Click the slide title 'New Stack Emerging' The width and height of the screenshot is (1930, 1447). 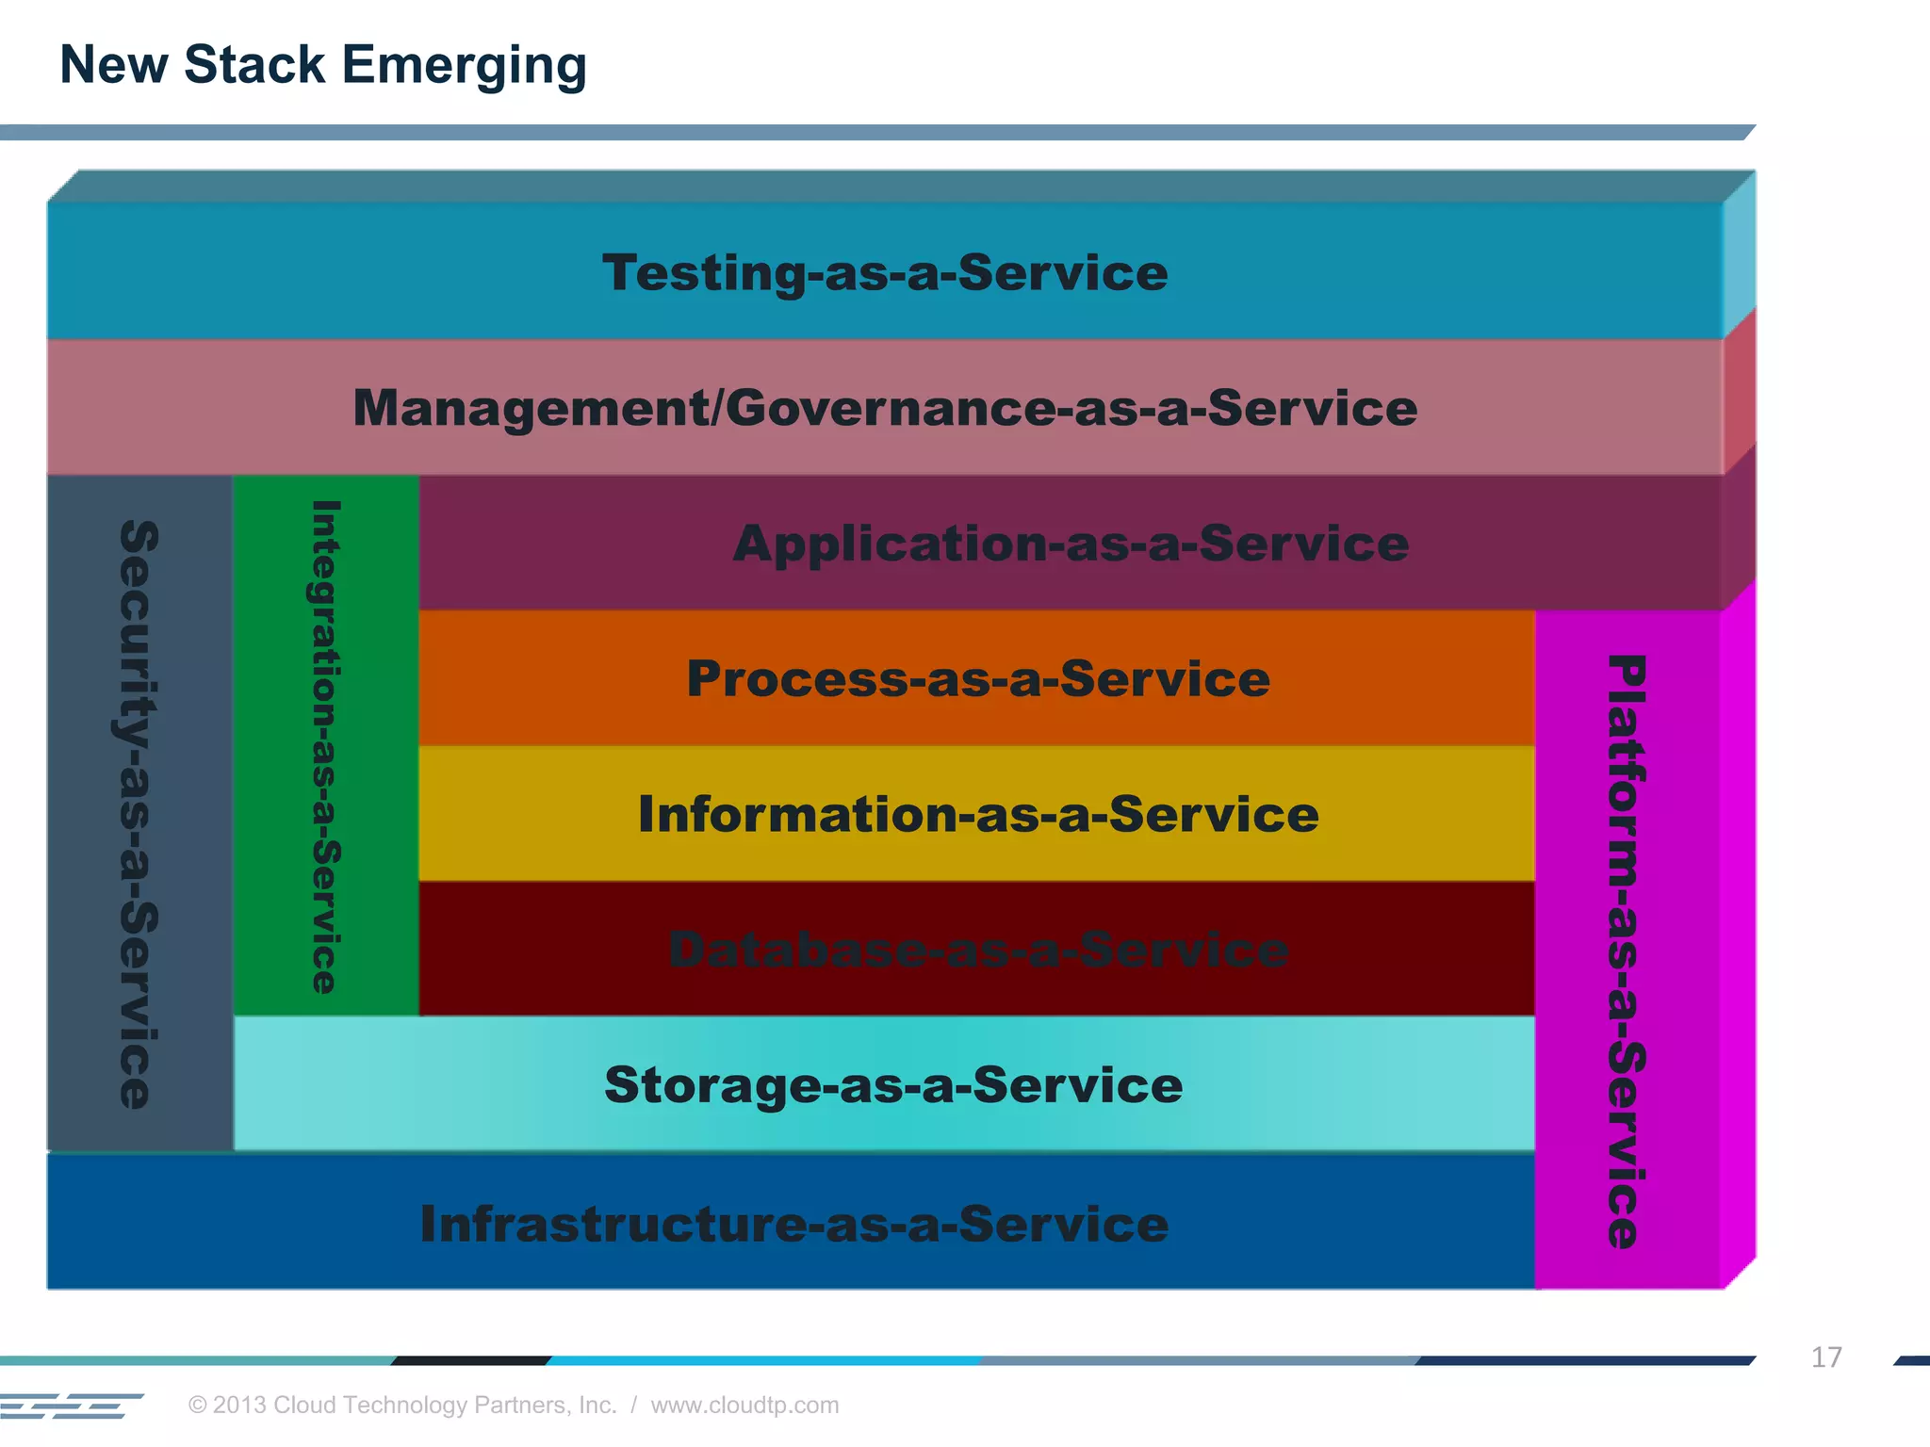tap(322, 66)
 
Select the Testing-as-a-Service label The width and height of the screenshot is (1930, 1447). tap(885, 273)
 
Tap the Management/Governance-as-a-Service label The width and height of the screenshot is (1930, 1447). tap(885, 408)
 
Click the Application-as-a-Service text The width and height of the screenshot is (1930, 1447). tap(1071, 544)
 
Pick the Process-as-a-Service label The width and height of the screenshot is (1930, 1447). tap(978, 679)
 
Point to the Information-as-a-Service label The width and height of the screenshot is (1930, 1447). tap(978, 815)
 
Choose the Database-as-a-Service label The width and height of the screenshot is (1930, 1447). tap(978, 950)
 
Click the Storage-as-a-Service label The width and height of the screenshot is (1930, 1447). tap(893, 1085)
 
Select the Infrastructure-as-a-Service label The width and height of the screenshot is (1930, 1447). tap(794, 1224)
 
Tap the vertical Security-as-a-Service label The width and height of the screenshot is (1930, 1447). tap(139, 814)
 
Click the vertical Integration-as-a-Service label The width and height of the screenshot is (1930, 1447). tap(325, 746)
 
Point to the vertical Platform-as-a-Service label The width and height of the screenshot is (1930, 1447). tap(1627, 951)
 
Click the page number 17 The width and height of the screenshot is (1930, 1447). tap(1825, 1358)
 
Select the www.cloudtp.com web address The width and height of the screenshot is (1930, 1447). tap(744, 1406)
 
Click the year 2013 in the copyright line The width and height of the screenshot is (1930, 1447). tap(239, 1406)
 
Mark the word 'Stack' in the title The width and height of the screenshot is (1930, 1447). tap(254, 66)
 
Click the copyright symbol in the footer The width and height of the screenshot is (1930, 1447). tap(198, 1406)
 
